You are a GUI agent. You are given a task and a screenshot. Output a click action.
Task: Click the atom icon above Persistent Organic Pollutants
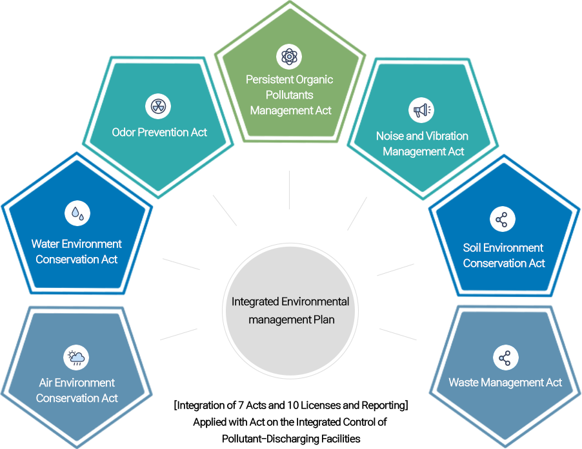289,57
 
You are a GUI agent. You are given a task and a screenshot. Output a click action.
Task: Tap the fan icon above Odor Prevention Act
157,106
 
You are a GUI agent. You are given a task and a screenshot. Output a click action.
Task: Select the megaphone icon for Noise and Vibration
421,111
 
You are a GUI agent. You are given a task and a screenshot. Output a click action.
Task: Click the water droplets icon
77,213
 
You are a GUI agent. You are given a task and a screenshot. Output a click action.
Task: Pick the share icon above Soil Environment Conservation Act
502,220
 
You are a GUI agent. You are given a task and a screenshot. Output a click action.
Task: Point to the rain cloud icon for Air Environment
76,357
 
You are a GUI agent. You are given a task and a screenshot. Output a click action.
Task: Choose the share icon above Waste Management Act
505,358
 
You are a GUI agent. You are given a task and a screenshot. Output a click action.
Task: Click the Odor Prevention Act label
159,132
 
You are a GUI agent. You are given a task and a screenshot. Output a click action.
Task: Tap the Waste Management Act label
505,383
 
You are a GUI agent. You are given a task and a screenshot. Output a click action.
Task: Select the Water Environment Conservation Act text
77,252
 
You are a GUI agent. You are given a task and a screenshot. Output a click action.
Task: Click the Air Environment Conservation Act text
77,390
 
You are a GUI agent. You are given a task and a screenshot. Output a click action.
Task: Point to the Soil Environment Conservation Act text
504,256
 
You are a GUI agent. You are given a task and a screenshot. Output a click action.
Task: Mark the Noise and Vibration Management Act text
423,144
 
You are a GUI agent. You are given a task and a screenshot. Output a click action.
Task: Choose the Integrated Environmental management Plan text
290,310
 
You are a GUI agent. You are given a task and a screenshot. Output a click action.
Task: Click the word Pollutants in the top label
290,95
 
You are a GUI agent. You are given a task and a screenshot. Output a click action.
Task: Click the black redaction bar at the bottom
289,425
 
